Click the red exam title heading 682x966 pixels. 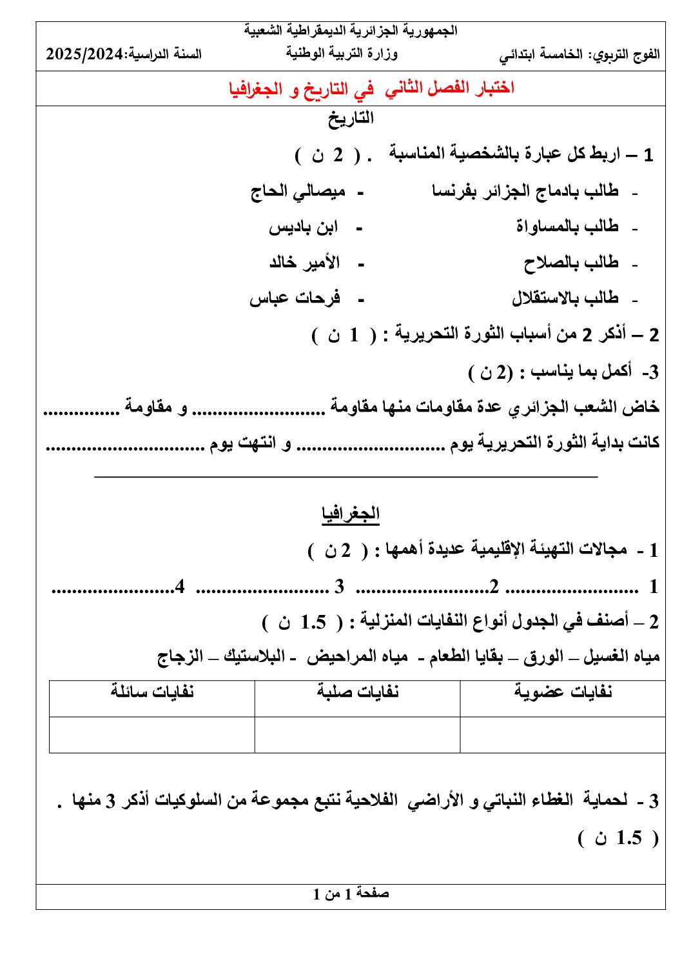point(371,89)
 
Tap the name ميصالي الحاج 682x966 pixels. point(298,192)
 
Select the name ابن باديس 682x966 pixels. point(303,227)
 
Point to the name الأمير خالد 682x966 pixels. point(304,263)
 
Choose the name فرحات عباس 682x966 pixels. point(295,298)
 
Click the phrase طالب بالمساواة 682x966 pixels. point(567,226)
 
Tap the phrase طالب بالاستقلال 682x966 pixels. point(565,298)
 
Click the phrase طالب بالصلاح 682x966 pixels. point(570,263)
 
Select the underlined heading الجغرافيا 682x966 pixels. point(351,514)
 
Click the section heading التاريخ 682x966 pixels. point(351,118)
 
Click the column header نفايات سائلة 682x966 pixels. point(152,692)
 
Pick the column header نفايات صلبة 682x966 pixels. point(358,692)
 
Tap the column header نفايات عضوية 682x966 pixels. point(563,692)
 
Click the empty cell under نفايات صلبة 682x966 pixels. point(358,734)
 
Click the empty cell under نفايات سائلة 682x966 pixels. point(152,734)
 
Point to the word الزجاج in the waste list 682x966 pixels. point(180,657)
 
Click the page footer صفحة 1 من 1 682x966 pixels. point(351,894)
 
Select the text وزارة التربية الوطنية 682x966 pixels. point(342,54)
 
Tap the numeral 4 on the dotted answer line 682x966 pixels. point(180,587)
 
